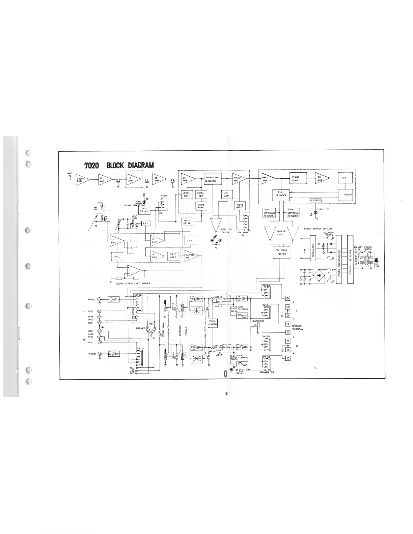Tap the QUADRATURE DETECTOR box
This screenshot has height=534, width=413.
point(212,179)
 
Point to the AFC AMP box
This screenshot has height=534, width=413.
point(226,194)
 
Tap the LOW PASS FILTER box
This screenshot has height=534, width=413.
point(280,252)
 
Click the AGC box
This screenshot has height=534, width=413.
point(117,256)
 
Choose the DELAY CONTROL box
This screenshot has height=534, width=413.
point(213,323)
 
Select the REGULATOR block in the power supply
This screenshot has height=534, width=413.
point(314,248)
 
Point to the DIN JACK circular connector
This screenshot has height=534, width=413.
point(150,328)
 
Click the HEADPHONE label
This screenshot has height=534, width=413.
point(258,321)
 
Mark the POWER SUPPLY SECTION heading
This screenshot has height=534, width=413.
point(318,229)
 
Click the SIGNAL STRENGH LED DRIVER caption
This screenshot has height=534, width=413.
point(133,284)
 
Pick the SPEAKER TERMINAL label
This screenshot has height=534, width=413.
point(297,327)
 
